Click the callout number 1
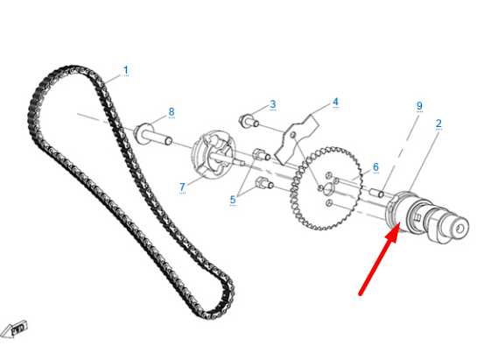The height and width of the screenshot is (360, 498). [x=126, y=70]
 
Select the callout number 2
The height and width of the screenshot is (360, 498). [x=438, y=124]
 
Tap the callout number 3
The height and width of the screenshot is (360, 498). [x=273, y=104]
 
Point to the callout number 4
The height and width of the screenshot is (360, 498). [x=335, y=102]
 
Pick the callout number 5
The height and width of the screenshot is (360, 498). [x=233, y=200]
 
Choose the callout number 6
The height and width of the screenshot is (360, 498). [x=375, y=167]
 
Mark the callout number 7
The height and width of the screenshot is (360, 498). [x=182, y=187]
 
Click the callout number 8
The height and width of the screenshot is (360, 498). [x=172, y=112]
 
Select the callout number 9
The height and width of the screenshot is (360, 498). [x=419, y=106]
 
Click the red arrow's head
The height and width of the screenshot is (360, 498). [x=394, y=231]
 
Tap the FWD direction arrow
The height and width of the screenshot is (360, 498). [x=14, y=329]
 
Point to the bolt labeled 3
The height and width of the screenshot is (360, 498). [x=249, y=121]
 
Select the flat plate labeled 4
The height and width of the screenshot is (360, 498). [x=296, y=139]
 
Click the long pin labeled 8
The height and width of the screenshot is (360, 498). [x=152, y=136]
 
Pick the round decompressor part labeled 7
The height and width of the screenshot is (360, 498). [x=214, y=154]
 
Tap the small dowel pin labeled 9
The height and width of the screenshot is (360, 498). [x=376, y=192]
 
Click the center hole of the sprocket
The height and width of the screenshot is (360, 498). [x=329, y=188]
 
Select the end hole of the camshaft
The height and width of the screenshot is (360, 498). [x=459, y=229]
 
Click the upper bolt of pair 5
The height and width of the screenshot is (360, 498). [x=262, y=155]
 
